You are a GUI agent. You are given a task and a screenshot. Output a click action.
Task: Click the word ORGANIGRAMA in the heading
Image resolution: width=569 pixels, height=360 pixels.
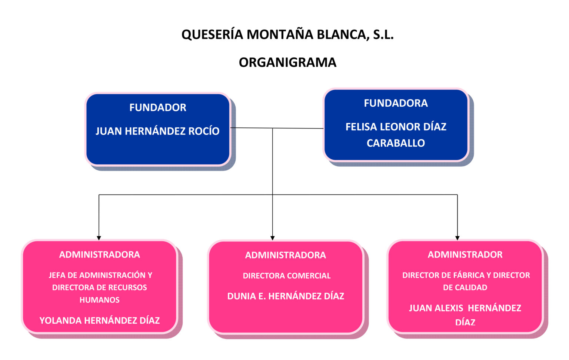point(287,62)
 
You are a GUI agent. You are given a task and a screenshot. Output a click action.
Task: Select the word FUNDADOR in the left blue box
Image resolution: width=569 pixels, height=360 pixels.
point(158,107)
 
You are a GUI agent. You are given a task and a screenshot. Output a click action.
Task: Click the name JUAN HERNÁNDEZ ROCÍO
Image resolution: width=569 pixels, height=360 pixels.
point(157,131)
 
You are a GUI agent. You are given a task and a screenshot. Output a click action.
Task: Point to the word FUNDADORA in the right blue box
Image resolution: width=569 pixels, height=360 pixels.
point(396,103)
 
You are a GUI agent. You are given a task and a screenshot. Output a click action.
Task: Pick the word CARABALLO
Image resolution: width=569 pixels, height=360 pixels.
point(396,143)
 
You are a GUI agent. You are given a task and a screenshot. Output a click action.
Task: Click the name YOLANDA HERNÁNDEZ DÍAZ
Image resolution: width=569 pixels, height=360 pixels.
point(100,320)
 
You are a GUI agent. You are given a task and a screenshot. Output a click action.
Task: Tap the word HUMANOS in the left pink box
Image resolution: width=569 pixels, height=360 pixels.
point(100,300)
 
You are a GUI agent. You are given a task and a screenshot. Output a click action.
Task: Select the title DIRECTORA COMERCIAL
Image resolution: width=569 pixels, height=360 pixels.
point(287,276)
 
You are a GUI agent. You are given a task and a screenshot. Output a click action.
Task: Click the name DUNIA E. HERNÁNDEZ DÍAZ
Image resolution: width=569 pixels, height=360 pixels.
point(286,296)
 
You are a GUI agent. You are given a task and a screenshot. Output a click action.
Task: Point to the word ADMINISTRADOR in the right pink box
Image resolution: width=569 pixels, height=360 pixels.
point(465,254)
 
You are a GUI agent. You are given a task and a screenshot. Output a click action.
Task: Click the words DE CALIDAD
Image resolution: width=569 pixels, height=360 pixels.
point(465,287)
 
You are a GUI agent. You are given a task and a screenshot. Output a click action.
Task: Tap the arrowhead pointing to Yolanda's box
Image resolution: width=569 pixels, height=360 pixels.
point(99,238)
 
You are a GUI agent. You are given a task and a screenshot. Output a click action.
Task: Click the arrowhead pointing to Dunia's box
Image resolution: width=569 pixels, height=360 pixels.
point(273,238)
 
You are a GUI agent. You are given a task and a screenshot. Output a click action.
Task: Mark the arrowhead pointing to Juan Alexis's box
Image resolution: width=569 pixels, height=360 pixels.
point(457,238)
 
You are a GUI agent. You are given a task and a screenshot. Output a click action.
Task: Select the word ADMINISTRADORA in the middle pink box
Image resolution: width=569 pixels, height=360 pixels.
point(286,255)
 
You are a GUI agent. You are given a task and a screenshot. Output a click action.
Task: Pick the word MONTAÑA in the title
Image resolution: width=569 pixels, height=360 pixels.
point(275,34)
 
